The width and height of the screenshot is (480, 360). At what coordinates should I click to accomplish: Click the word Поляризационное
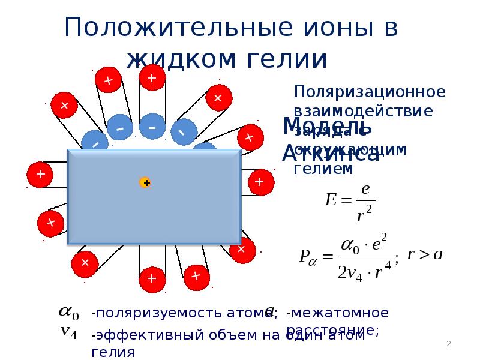[x=370, y=92]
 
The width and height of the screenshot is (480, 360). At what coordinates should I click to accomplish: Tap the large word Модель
[x=327, y=127]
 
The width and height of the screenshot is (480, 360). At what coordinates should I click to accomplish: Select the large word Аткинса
[x=331, y=154]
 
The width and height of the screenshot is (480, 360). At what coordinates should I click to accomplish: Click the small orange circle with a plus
[x=145, y=182]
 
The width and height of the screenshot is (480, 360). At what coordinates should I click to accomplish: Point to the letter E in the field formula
[x=330, y=199]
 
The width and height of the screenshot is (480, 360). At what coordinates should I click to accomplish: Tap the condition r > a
[x=425, y=254]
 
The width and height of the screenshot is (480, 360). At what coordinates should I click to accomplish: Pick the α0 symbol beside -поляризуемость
[x=67, y=312]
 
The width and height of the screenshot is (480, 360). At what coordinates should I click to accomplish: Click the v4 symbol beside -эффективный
[x=68, y=334]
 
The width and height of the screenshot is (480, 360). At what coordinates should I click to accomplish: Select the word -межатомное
[x=337, y=313]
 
